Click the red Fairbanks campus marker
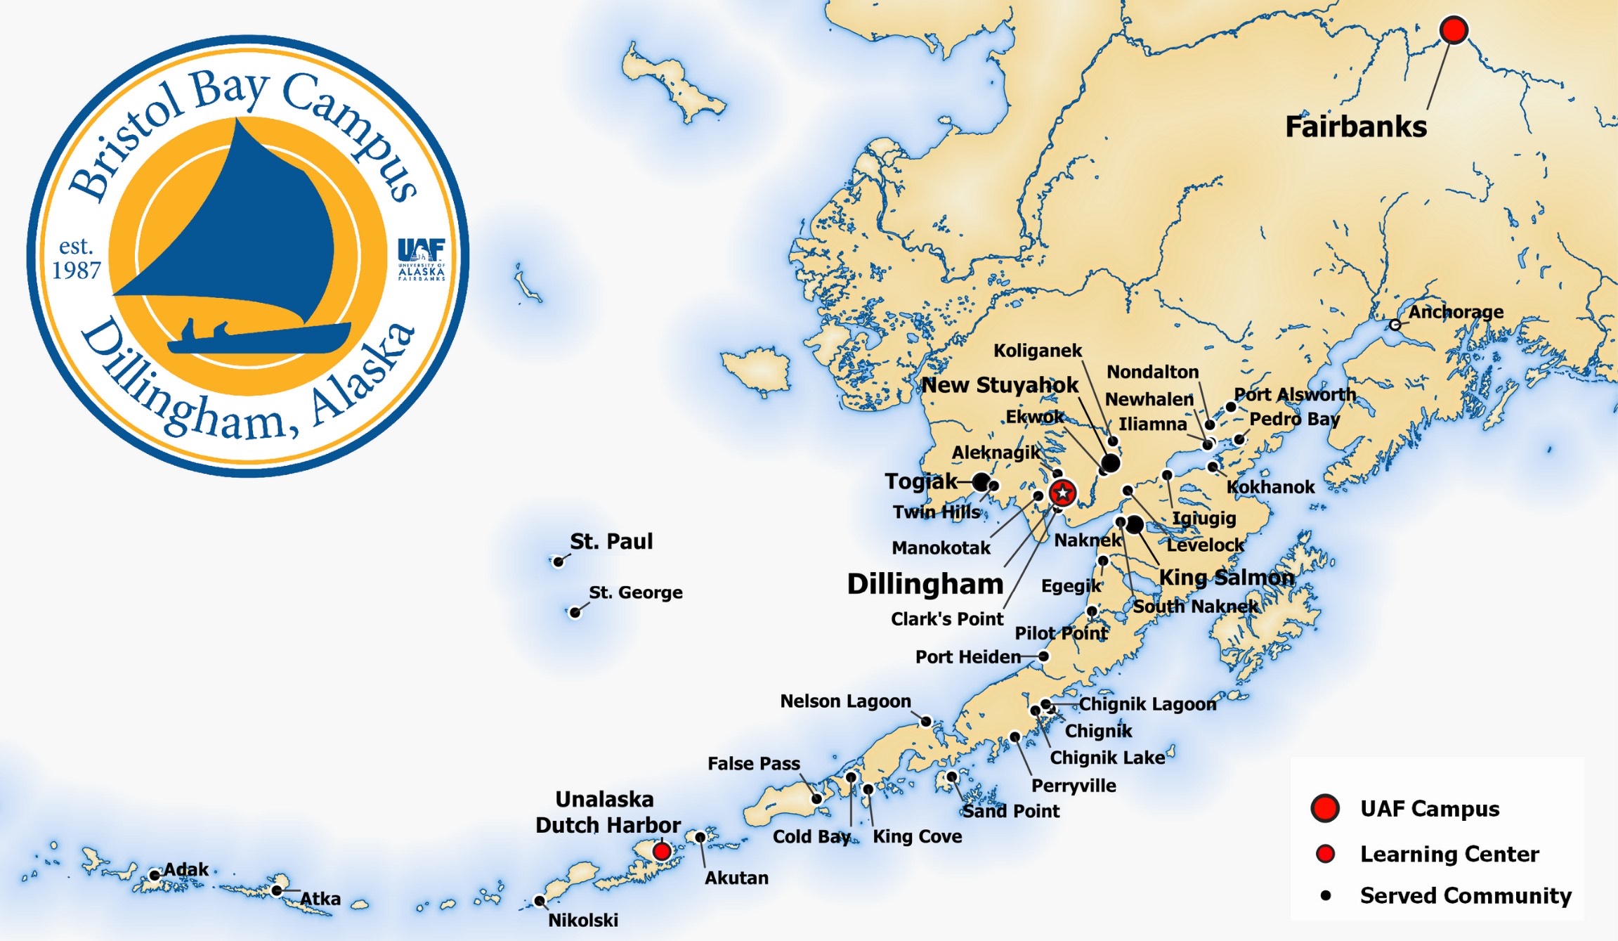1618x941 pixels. [x=1454, y=30]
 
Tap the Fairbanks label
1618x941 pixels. [x=1355, y=127]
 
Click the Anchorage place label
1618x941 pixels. [x=1456, y=312]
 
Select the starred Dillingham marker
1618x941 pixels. [x=1062, y=493]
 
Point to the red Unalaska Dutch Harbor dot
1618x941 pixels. [x=661, y=851]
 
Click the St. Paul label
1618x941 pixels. [x=611, y=541]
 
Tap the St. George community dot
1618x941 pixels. [x=575, y=612]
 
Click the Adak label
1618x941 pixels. [x=186, y=869]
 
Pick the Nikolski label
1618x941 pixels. [x=583, y=920]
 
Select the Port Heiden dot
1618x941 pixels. [x=1044, y=656]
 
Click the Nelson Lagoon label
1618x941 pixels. [x=845, y=701]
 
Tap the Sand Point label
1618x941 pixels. [x=1010, y=811]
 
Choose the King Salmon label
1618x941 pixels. [x=1226, y=577]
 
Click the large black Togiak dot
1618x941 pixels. [x=981, y=482]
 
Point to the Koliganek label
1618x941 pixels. [x=1038, y=351]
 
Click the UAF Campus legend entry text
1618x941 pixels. [x=1429, y=809]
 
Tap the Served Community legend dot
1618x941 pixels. [x=1326, y=895]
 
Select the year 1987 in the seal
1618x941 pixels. [x=77, y=270]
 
